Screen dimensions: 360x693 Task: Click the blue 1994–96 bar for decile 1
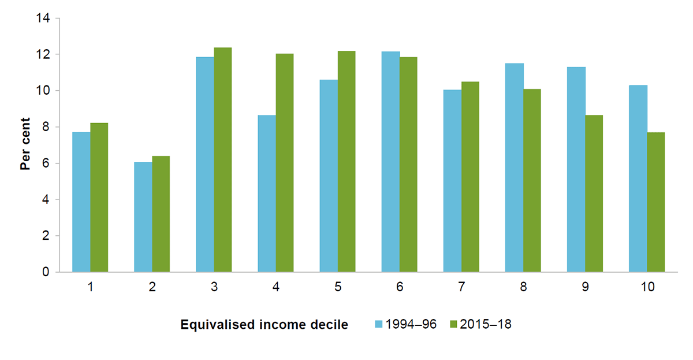[x=81, y=202]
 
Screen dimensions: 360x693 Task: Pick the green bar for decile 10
[x=656, y=202]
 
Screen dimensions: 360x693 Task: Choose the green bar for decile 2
[x=161, y=214]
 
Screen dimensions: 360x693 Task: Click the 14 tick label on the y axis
[x=43, y=18]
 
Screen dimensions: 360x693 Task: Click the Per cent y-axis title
[x=25, y=145]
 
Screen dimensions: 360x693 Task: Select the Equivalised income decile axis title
[x=264, y=325]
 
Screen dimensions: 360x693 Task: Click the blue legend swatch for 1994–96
[x=379, y=325]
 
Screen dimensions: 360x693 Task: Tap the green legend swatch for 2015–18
[x=453, y=325]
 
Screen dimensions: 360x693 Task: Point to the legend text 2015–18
[x=485, y=325]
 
